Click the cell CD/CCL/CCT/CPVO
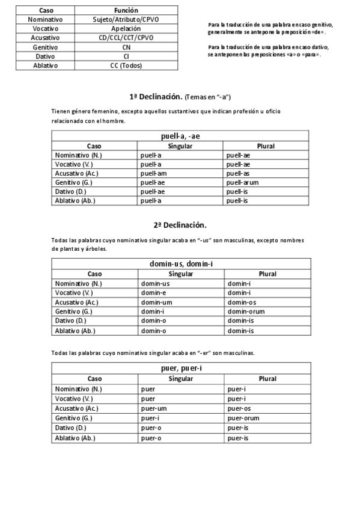[x=126, y=37]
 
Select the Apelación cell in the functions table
[x=126, y=28]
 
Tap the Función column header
[x=126, y=10]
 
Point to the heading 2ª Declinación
[x=180, y=225]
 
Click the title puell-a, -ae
[x=180, y=136]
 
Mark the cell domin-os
[x=242, y=302]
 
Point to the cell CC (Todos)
[x=126, y=66]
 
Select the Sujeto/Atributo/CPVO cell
[x=126, y=19]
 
